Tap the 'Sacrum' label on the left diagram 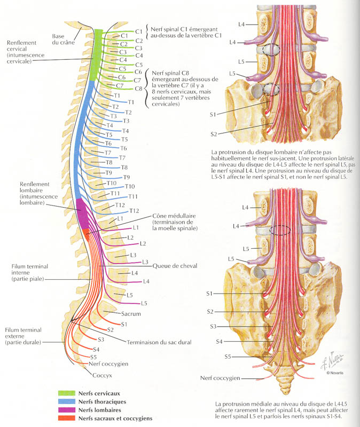point(131,314)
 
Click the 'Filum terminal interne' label point(25,272)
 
